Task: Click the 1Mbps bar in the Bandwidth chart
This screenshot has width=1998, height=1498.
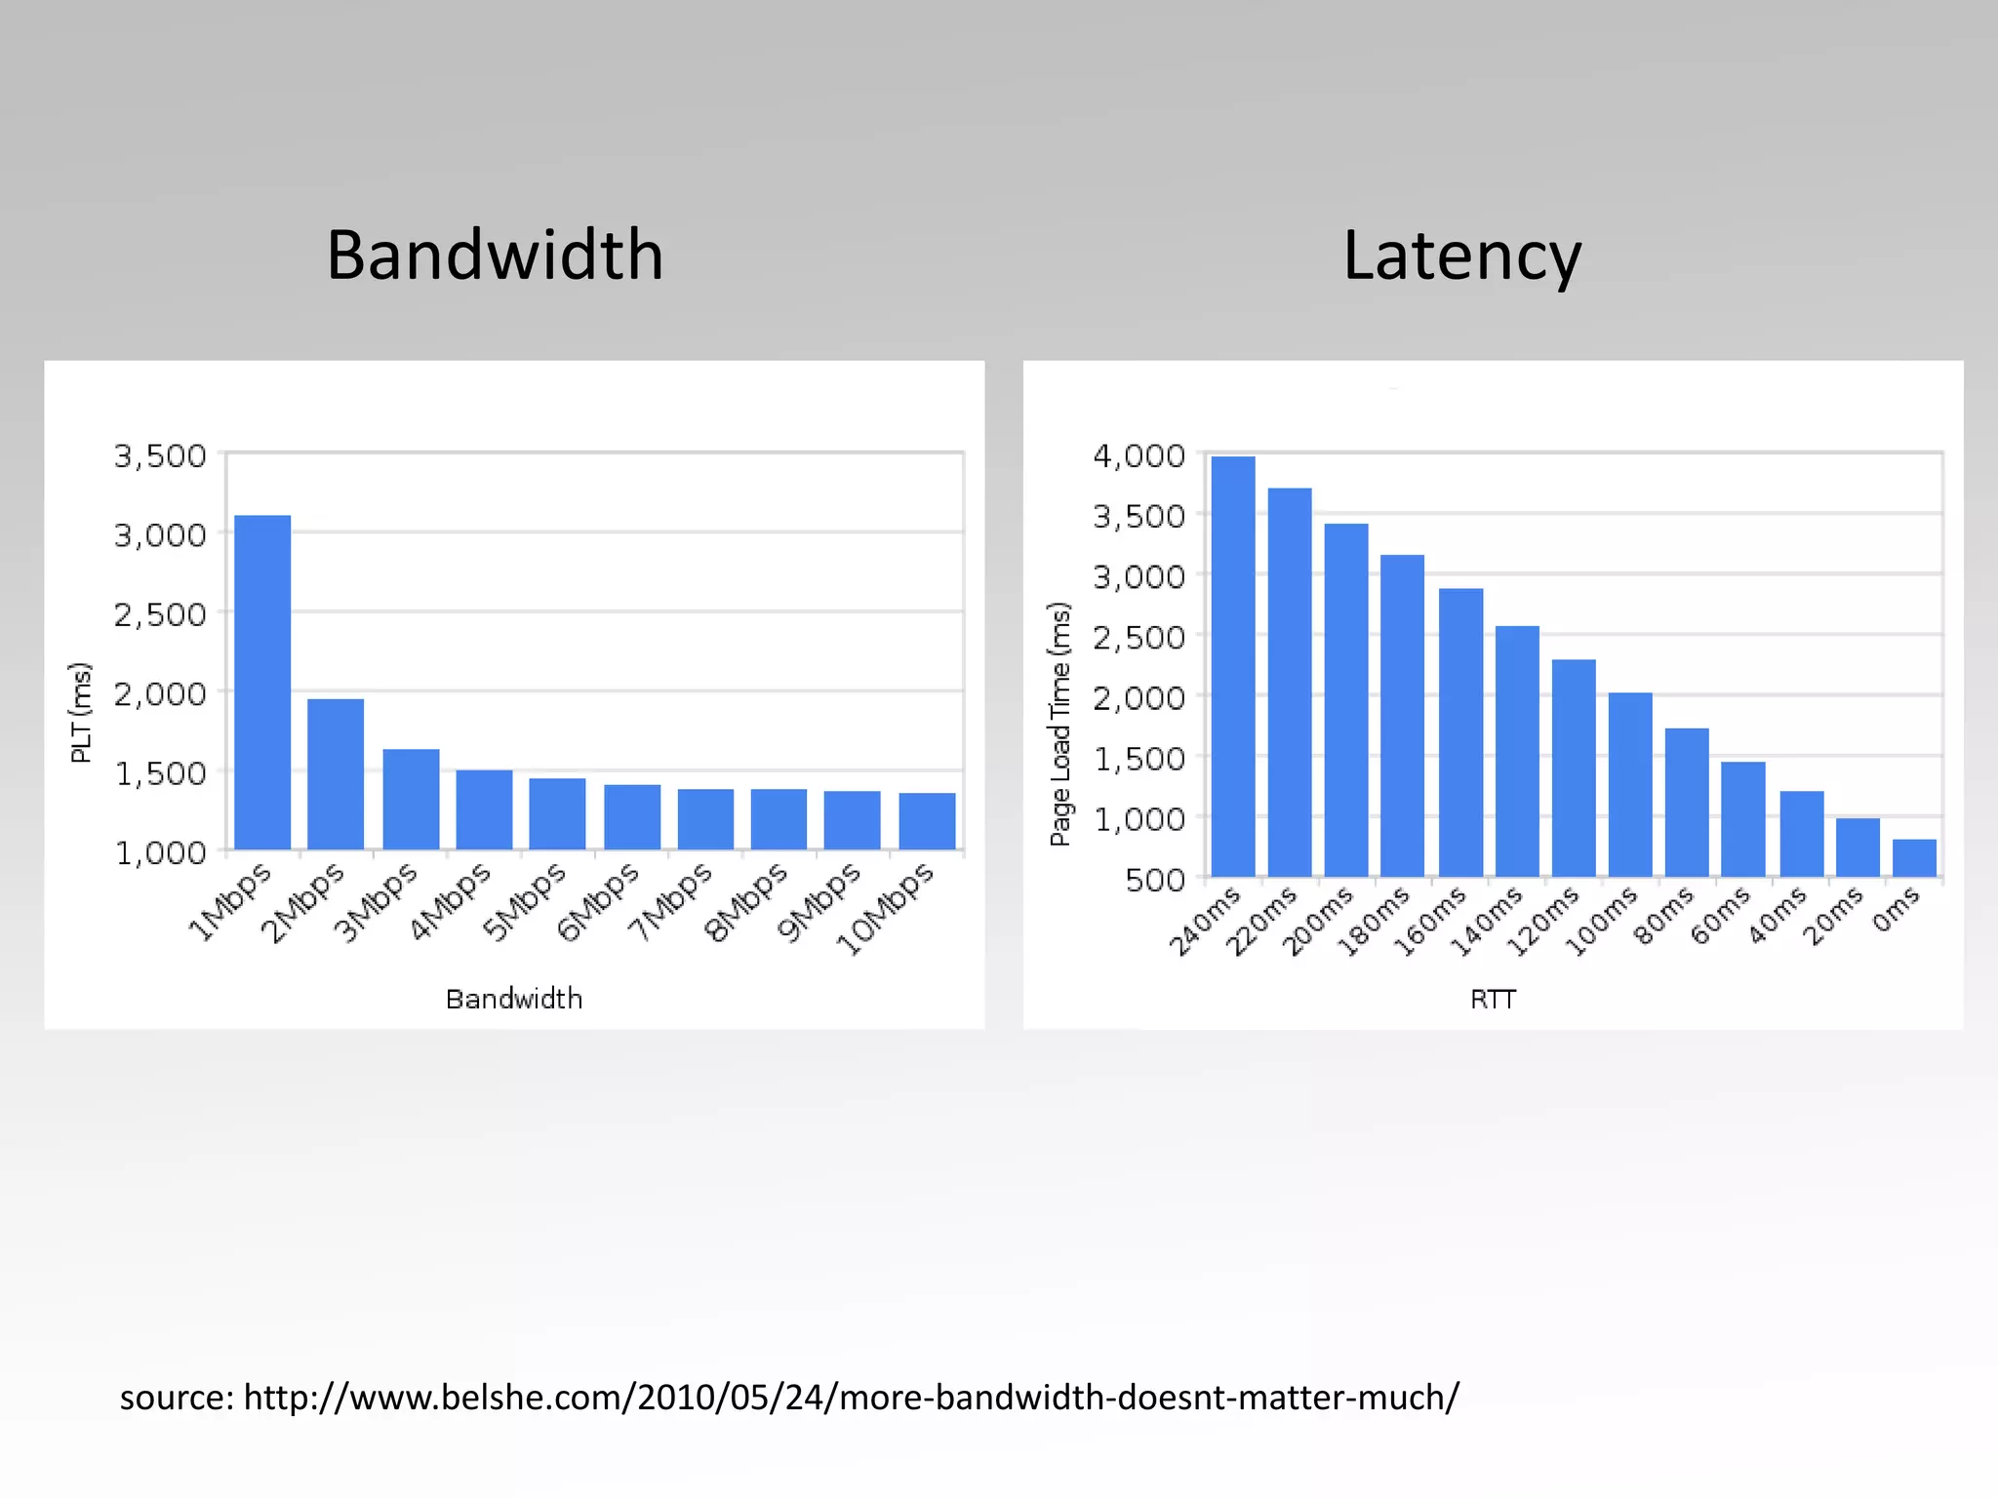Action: coord(262,682)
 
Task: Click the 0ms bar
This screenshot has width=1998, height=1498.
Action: coord(1914,857)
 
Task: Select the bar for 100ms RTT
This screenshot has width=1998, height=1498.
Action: coord(1630,784)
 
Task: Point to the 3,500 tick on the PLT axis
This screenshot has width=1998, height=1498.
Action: coord(160,455)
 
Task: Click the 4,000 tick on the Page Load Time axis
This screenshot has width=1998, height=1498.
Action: coord(1139,455)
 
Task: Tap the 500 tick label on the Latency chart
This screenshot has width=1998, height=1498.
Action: coord(1155,880)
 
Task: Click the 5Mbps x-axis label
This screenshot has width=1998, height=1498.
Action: coord(524,903)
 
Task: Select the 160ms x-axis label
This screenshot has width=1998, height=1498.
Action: coord(1429,921)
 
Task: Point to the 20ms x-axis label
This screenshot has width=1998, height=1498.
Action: coord(1832,916)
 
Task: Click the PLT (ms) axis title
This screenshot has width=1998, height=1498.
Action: coord(81,712)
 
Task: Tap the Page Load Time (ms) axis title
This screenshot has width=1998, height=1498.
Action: coord(1060,724)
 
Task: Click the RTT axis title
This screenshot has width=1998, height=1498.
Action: coord(1493,999)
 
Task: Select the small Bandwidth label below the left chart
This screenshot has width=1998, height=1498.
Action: coord(514,999)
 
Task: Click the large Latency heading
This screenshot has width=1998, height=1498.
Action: coord(1461,256)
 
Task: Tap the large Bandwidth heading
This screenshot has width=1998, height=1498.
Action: coord(495,256)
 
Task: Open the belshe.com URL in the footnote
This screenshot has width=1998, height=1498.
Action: coord(851,1398)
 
